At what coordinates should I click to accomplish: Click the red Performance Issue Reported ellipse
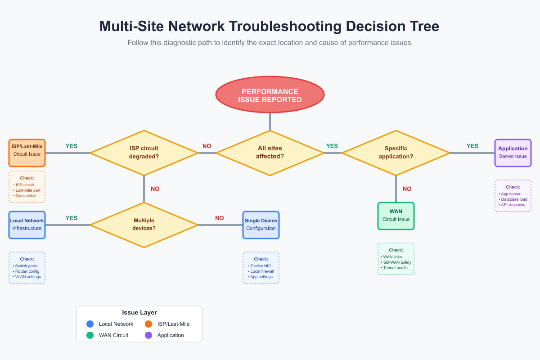270,95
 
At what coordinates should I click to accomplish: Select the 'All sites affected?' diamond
270,153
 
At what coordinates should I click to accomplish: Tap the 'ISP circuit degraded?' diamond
144,153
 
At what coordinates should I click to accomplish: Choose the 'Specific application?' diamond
396,153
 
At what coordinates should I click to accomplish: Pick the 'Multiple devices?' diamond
144,225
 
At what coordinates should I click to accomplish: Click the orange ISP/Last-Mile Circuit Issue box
27,153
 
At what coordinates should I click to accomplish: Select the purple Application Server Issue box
513,153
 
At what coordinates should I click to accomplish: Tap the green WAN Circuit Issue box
396,216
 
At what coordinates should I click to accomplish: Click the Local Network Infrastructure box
27,225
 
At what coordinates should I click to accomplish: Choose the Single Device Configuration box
261,225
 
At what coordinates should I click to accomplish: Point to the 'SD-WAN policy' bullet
397,262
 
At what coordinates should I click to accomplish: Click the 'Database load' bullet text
514,199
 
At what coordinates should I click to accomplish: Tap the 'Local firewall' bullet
262,271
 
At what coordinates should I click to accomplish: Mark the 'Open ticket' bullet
26,196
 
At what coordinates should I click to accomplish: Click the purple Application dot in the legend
148,335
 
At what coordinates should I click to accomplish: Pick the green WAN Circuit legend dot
90,335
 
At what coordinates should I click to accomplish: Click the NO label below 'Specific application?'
407,189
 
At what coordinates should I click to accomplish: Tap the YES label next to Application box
472,146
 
